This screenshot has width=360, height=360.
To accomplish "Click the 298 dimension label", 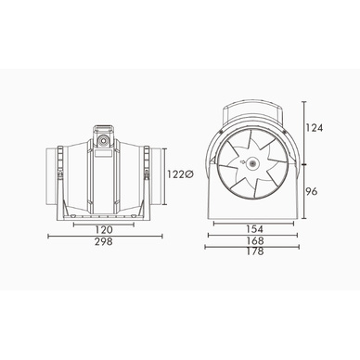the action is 104,241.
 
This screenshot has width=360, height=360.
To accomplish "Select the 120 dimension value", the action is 104,230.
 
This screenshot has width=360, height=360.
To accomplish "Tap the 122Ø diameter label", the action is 181,174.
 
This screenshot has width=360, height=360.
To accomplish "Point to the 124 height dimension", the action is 315,128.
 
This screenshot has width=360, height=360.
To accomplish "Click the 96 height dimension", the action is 312,192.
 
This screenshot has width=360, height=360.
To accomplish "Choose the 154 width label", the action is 254,229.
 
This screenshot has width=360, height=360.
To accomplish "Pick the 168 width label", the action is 255,240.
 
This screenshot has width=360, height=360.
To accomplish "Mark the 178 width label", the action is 255,251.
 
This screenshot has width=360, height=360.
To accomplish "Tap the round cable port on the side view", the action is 103,141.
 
